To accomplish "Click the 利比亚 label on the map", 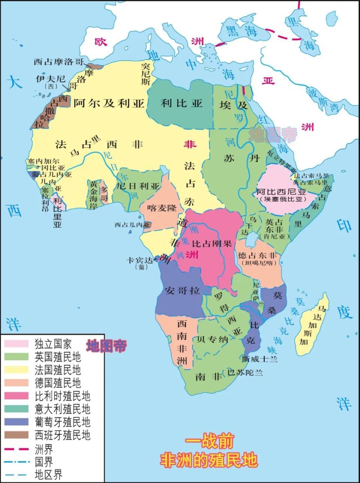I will (181, 103).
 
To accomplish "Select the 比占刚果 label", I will (212, 243).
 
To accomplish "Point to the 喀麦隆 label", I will (162, 207).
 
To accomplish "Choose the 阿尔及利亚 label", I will (109, 103).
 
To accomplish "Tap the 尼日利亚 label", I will (138, 186).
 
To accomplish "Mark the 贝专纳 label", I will (213, 340).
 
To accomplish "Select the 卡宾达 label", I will (139, 260).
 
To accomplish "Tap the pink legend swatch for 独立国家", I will (16, 344).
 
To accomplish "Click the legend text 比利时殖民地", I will (62, 396).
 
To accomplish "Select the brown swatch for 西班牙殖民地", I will (16, 435).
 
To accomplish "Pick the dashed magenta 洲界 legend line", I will (16, 448).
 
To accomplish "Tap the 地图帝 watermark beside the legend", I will (106, 346).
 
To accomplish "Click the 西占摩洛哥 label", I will (58, 62).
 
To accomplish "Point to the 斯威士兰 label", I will (260, 359).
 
